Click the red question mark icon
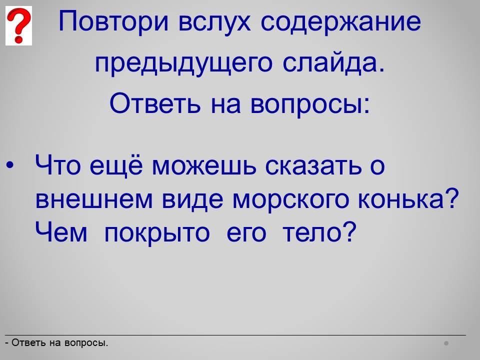(x=18, y=25)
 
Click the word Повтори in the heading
(x=113, y=21)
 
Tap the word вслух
(x=214, y=21)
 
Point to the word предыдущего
(x=183, y=63)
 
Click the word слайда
(x=333, y=63)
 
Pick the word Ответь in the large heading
(x=155, y=103)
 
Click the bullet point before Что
(x=10, y=165)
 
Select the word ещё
(x=116, y=165)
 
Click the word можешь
(x=204, y=167)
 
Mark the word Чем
(x=61, y=231)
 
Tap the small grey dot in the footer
(x=446, y=343)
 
